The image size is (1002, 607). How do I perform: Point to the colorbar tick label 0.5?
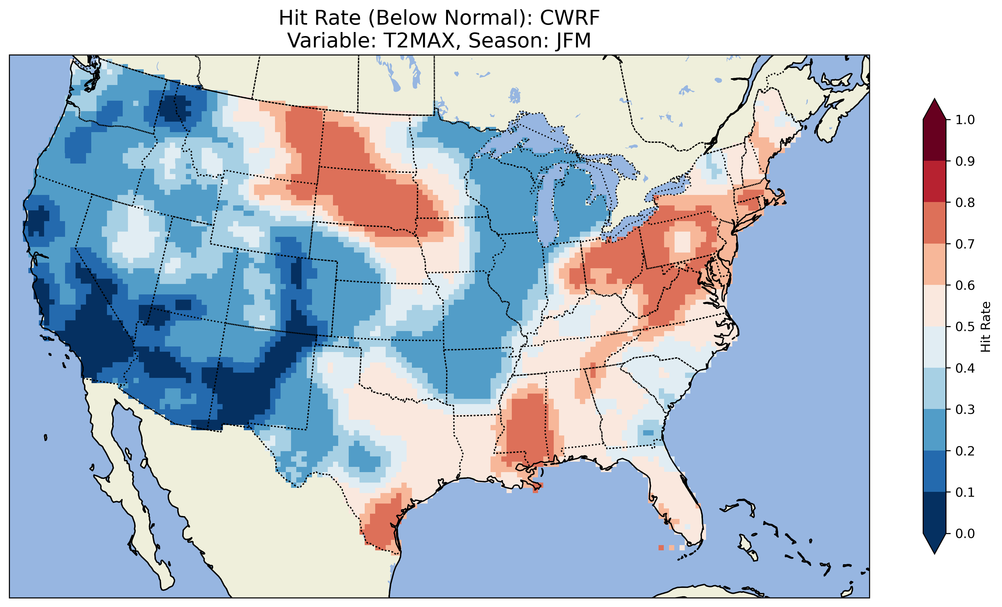coord(965,327)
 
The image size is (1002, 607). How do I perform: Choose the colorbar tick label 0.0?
coord(965,533)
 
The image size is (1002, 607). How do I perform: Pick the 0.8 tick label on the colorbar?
coord(965,202)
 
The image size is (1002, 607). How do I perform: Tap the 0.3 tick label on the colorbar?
coord(965,410)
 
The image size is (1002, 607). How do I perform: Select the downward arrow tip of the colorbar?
coord(934,552)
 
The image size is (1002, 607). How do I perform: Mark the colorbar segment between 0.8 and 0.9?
coord(934,182)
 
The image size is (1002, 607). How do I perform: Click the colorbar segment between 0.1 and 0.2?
coord(934,471)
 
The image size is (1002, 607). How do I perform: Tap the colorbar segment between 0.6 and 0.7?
coord(934,265)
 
